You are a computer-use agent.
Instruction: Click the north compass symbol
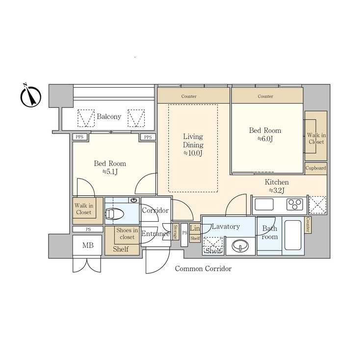tap(30, 96)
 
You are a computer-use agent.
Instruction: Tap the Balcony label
tap(109, 117)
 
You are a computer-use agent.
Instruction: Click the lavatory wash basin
tap(240, 245)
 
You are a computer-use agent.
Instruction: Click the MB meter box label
tap(88, 245)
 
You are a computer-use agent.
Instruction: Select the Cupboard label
tap(315, 168)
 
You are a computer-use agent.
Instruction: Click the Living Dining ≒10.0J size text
tap(193, 153)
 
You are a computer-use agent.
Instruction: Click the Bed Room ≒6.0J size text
tap(265, 139)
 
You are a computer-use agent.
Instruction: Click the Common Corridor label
tap(203, 269)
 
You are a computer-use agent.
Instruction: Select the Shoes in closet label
tap(127, 234)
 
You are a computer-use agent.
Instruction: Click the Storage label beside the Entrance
tap(175, 232)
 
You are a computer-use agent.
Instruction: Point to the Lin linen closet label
tap(195, 228)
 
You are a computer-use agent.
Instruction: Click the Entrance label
tap(155, 234)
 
